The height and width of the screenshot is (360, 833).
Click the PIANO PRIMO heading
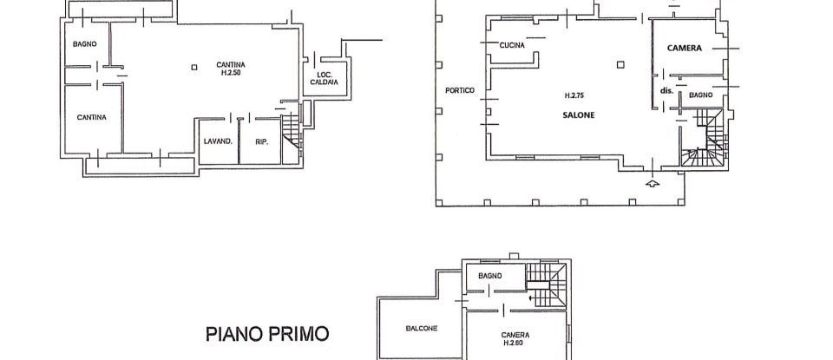coord(267,332)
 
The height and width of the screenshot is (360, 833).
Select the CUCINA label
coord(512,46)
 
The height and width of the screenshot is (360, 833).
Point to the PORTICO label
coord(459,90)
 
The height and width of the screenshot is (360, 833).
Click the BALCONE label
coord(421,328)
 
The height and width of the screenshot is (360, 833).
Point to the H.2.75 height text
coord(574,95)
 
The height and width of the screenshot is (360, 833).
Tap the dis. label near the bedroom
coord(666,90)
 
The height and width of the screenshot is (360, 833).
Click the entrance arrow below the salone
coord(653,183)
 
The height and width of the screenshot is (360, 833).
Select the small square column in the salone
coord(621,62)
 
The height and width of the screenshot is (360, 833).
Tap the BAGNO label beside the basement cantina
coord(84,44)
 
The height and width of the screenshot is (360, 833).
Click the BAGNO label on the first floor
coord(490,276)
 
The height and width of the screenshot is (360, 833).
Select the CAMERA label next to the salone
coord(684,49)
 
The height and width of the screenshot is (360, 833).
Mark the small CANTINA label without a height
coord(91,117)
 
